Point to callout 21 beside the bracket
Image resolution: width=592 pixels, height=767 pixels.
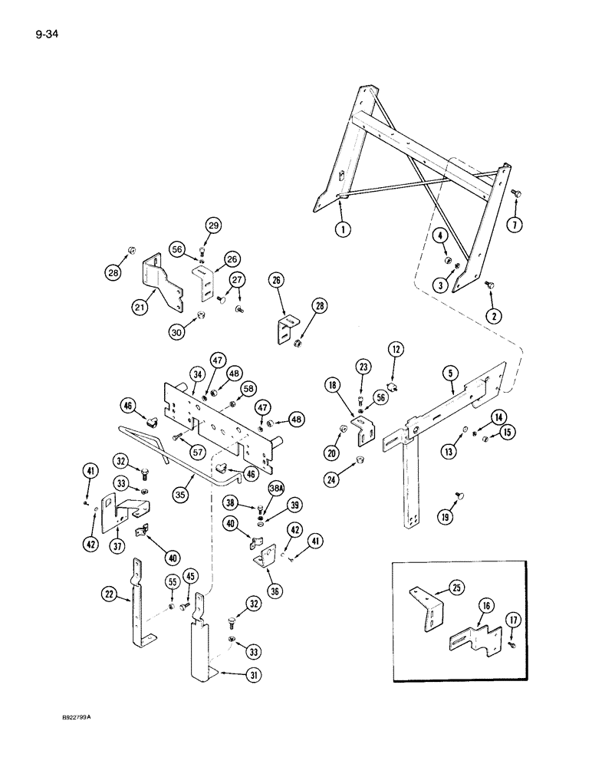(160, 308)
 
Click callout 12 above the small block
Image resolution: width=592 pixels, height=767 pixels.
(395, 351)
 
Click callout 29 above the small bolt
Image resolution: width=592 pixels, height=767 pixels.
(213, 225)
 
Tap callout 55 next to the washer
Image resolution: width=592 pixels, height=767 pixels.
(172, 583)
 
